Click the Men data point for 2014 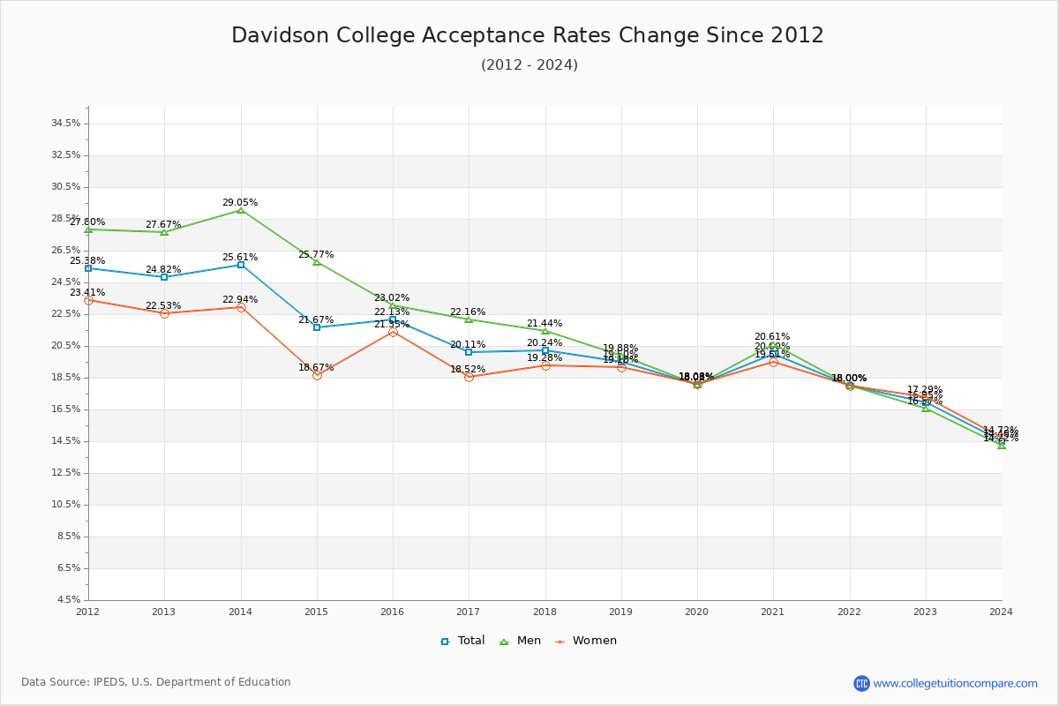click(240, 210)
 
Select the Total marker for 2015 click(317, 327)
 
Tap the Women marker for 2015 click(317, 375)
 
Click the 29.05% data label click(240, 202)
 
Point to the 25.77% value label click(316, 254)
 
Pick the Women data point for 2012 click(88, 300)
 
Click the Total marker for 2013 click(164, 277)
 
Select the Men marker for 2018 click(545, 331)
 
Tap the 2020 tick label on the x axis click(697, 611)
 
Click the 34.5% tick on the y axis click(67, 124)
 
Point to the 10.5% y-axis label click(67, 505)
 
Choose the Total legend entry click(463, 641)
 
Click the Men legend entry click(522, 641)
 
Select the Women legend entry click(586, 641)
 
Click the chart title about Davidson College click(528, 35)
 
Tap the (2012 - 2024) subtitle click(529, 64)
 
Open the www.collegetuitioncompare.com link click(955, 683)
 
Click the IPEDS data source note click(156, 682)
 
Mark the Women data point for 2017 click(469, 377)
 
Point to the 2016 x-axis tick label click(393, 611)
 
